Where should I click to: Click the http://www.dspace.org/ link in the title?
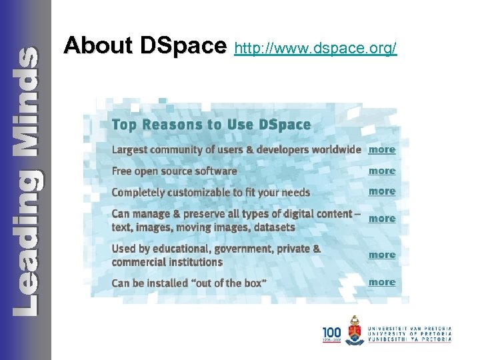(316, 49)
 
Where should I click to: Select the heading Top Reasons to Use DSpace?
(211, 125)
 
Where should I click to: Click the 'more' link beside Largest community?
(382, 150)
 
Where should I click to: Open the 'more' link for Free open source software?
(382, 171)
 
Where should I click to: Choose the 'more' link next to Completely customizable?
(382, 191)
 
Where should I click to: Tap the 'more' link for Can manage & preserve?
(382, 219)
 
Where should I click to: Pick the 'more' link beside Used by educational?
(382, 255)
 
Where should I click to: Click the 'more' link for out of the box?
(382, 282)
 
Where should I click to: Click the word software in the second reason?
(215, 171)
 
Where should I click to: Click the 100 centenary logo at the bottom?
(332, 333)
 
